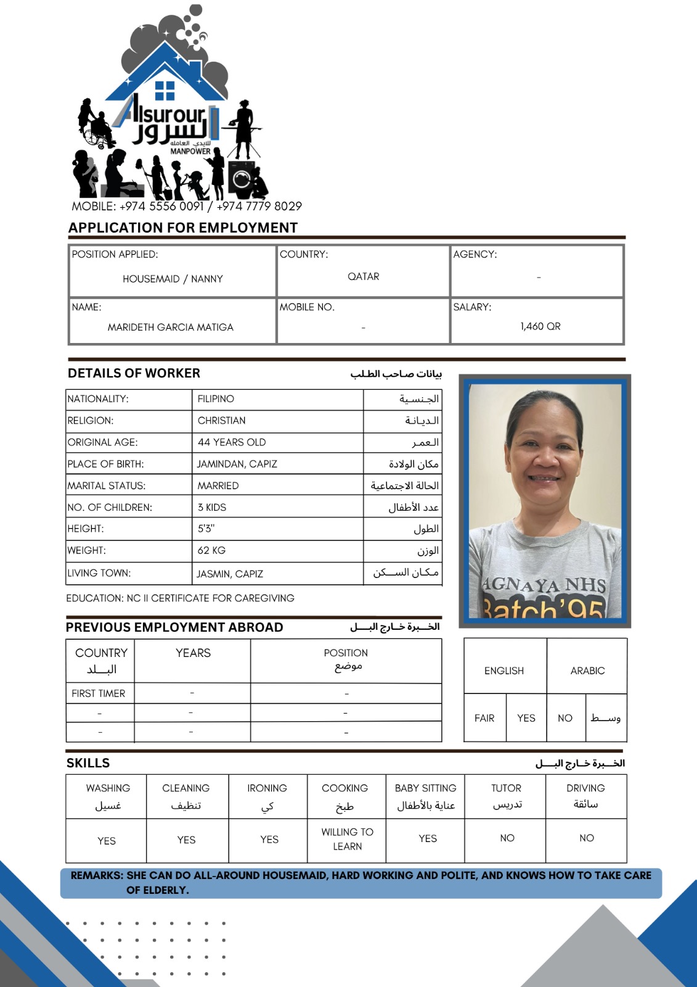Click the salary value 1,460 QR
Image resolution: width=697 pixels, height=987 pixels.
[x=540, y=326]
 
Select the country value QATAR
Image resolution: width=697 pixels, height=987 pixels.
[x=363, y=276]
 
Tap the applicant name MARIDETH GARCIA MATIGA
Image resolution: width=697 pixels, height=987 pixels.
[x=170, y=327]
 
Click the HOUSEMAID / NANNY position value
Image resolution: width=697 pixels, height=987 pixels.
[x=173, y=279]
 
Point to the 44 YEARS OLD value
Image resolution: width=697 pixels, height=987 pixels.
[x=232, y=442]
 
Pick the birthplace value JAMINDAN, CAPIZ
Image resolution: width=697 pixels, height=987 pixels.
[x=237, y=464]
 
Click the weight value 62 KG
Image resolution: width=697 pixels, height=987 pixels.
[x=211, y=550]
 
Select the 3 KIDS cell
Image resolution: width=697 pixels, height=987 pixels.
[x=212, y=507]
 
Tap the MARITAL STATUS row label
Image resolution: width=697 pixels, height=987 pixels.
[x=107, y=485]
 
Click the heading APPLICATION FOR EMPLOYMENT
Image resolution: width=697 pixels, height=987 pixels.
[x=183, y=228]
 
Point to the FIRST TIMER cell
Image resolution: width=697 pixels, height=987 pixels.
[x=99, y=693]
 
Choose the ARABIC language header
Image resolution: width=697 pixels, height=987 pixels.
[x=587, y=671]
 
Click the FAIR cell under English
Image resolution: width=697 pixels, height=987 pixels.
[x=484, y=718]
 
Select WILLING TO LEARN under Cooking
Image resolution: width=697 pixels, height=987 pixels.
[x=347, y=839]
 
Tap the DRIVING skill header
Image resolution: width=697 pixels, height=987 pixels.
[x=585, y=788]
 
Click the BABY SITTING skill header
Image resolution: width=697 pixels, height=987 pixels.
[x=425, y=788]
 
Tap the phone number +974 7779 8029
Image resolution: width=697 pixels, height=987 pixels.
[x=259, y=206]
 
